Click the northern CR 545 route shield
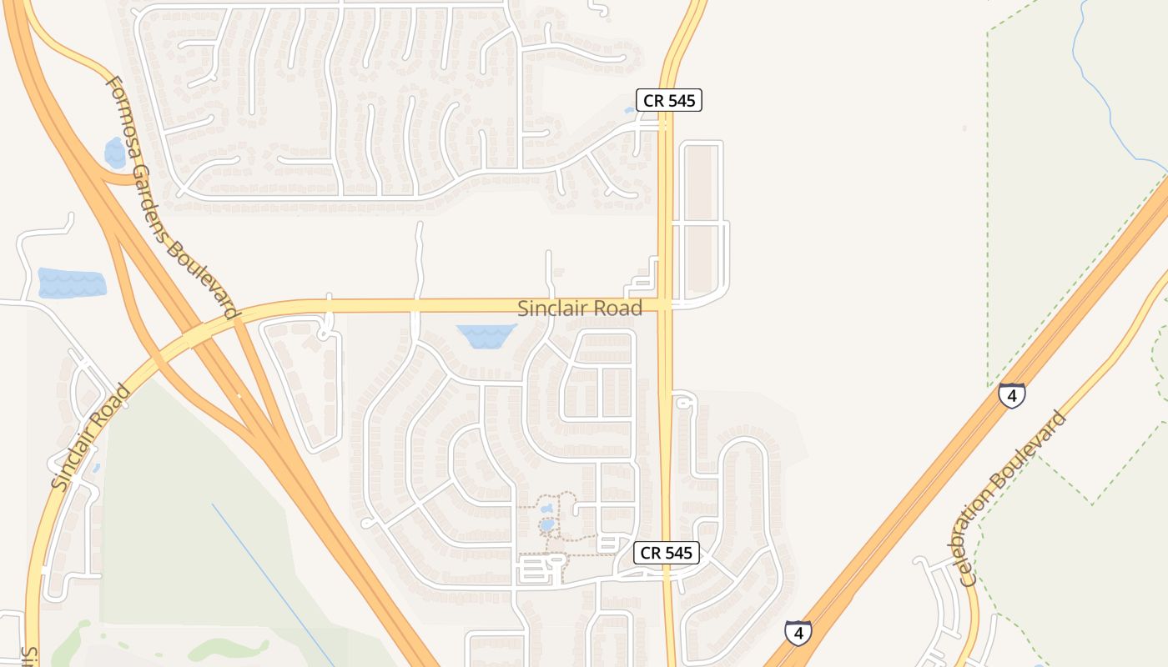click(x=669, y=100)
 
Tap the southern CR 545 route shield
click(x=666, y=553)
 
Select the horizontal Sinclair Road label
click(x=580, y=308)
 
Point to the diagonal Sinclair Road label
click(x=90, y=437)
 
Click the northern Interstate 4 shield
click(x=1011, y=395)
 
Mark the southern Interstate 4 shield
click(x=798, y=633)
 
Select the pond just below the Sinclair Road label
click(x=486, y=336)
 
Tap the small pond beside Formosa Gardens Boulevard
click(x=114, y=153)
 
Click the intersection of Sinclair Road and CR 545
click(x=666, y=306)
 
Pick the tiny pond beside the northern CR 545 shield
click(x=630, y=110)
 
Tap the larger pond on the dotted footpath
click(x=547, y=526)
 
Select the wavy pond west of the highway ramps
click(x=72, y=283)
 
